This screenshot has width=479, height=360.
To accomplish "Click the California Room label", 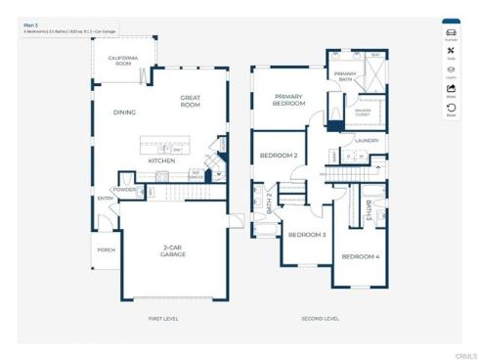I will tap(129, 62).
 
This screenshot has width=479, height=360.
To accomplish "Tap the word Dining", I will tap(124, 112).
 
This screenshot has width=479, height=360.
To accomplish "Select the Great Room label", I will tap(191, 101).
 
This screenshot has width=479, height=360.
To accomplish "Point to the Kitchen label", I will tap(161, 160).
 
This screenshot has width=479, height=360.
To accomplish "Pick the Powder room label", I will tap(124, 189).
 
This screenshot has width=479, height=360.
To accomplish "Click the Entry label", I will tap(105, 199).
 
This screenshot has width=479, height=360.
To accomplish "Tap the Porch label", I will tap(106, 249).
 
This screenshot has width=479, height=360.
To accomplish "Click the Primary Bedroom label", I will tap(288, 99).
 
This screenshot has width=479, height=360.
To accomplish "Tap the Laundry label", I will tap(367, 140).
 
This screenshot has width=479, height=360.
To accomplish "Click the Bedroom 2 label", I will tap(278, 156).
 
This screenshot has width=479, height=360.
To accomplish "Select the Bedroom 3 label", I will tap(306, 235).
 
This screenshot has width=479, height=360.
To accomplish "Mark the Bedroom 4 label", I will tap(359, 256).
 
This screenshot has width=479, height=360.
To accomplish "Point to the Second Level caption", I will tap(320, 319).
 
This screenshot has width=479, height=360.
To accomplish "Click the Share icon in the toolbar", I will tap(451, 92).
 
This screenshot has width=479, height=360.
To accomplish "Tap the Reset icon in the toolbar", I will tap(451, 110).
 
